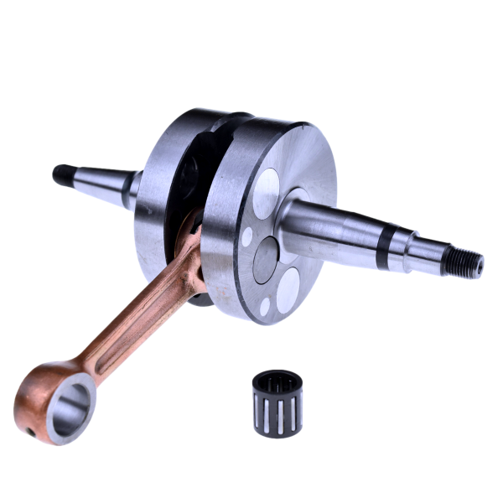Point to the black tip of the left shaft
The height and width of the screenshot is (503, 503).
[60, 174]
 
